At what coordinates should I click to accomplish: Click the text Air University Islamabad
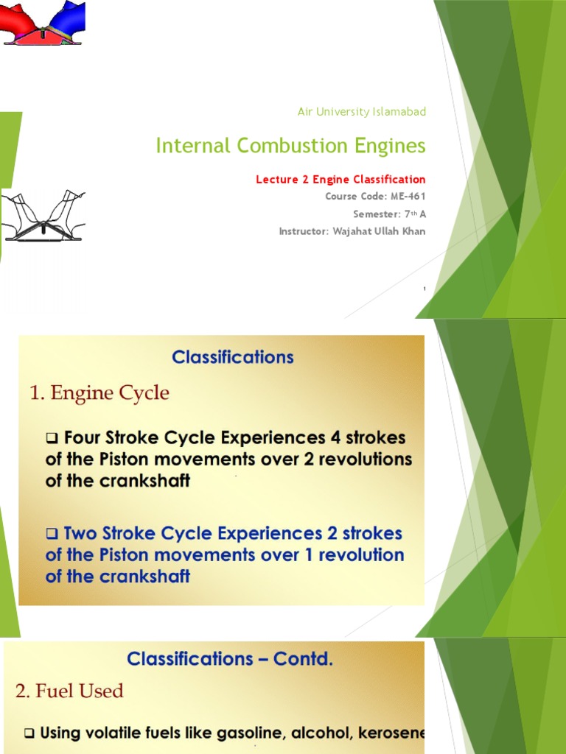[361, 112]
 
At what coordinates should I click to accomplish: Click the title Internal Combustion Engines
[290, 146]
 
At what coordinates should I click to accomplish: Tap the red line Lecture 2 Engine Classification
[340, 179]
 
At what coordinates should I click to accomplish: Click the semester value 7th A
[410, 214]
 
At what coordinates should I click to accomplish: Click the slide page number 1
[424, 289]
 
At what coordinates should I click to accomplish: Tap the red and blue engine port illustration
[42, 23]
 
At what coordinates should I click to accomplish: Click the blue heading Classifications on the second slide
[233, 358]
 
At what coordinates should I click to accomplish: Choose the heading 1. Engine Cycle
[99, 393]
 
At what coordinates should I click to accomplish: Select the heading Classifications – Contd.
[230, 659]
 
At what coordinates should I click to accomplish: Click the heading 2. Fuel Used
[69, 691]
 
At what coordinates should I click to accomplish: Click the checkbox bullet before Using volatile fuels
[30, 734]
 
